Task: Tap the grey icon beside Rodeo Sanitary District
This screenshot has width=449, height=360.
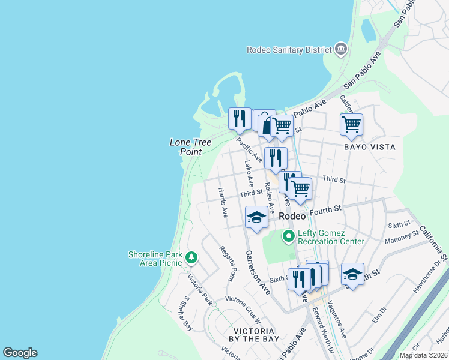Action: point(341,49)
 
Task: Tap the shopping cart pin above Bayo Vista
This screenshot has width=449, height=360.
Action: point(351,125)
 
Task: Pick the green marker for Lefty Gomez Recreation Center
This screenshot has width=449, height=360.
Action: point(289,236)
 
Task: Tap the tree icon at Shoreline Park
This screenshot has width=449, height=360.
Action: point(191,258)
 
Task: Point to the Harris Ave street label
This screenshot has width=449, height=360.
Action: point(223,202)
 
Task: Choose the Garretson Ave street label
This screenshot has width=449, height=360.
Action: point(258,272)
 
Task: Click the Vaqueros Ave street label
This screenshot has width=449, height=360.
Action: point(339,323)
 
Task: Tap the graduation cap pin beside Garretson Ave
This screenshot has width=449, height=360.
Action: point(256,217)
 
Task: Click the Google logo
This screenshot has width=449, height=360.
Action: point(20,353)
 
